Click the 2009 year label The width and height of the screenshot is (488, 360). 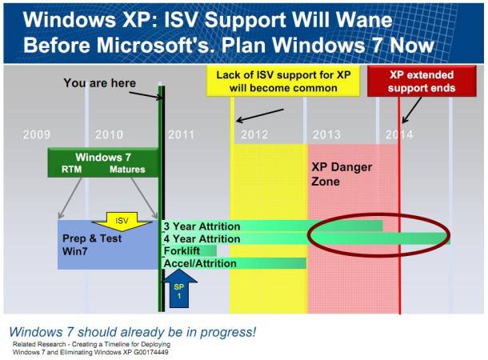(x=37, y=134)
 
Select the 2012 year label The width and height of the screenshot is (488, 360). (x=254, y=134)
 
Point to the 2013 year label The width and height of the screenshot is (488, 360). (x=326, y=134)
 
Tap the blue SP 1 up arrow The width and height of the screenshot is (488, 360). (x=179, y=289)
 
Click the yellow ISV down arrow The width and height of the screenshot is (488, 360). (x=122, y=222)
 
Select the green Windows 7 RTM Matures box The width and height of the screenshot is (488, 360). (x=103, y=162)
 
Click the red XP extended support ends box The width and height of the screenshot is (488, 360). (x=422, y=82)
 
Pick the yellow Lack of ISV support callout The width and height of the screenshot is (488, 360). (x=283, y=82)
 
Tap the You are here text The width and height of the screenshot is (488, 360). (x=99, y=83)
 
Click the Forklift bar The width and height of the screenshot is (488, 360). (x=190, y=250)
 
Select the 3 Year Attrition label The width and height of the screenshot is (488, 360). (x=202, y=226)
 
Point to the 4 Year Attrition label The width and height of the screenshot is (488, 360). (x=202, y=238)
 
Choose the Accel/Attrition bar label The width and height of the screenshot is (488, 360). (x=200, y=263)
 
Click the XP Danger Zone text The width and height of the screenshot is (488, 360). (x=342, y=174)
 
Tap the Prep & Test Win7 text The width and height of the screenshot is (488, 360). (x=92, y=245)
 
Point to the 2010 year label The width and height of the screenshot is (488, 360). (x=109, y=134)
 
